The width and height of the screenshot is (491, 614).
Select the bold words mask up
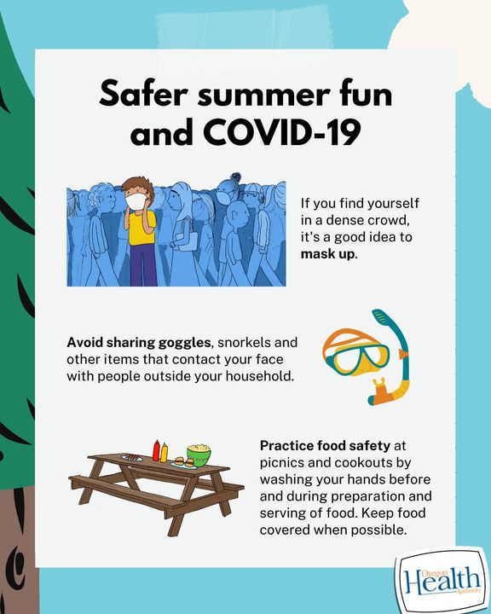click(x=328, y=254)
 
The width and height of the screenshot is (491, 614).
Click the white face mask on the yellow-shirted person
click(x=136, y=201)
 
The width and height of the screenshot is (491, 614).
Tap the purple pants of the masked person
click(x=143, y=265)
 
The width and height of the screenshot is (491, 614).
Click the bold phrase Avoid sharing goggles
click(x=139, y=343)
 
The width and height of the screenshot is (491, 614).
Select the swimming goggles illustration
click(x=355, y=351)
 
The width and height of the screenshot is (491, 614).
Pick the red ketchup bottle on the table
click(x=156, y=450)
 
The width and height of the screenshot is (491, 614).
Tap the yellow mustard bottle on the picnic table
click(x=164, y=452)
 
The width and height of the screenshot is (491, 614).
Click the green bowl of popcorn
click(x=199, y=455)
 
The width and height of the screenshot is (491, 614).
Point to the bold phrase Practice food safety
click(x=325, y=446)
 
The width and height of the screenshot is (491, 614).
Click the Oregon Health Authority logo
click(x=442, y=580)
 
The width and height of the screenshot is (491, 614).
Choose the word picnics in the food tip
click(x=282, y=462)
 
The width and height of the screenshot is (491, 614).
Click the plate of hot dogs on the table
click(x=132, y=457)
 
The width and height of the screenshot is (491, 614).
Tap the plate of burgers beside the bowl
click(x=183, y=463)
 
